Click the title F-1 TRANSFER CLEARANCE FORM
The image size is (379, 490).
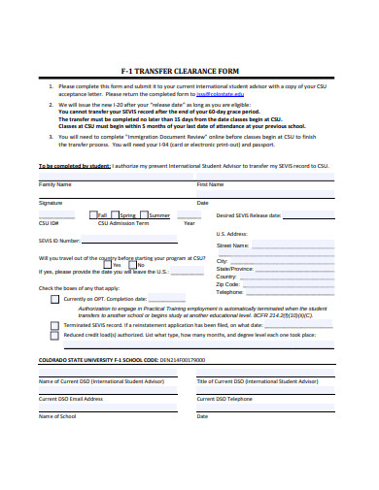click(189, 70)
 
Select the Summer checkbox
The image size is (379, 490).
click(145, 214)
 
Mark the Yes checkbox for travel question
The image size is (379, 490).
click(108, 264)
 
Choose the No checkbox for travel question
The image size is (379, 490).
click(133, 264)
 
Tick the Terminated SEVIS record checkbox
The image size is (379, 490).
click(54, 325)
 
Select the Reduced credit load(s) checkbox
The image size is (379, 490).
click(54, 336)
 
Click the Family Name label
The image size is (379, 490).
click(54, 183)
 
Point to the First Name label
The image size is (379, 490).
click(211, 183)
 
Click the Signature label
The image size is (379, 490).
click(51, 203)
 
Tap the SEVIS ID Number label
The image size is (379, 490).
click(60, 240)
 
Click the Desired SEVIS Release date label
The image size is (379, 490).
click(249, 215)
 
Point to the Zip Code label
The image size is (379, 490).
click(228, 283)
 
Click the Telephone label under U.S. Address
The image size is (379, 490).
click(230, 291)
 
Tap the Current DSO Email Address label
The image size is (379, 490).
click(71, 398)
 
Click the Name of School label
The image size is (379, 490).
click(57, 416)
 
